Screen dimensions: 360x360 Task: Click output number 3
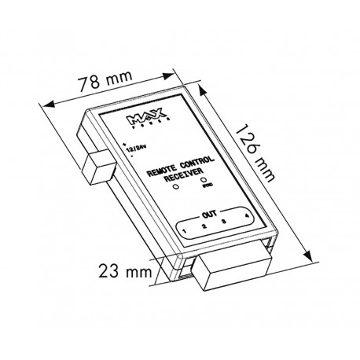pyautogui.click(x=225, y=222)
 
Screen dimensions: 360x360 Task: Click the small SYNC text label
pyautogui.click(x=206, y=189)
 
